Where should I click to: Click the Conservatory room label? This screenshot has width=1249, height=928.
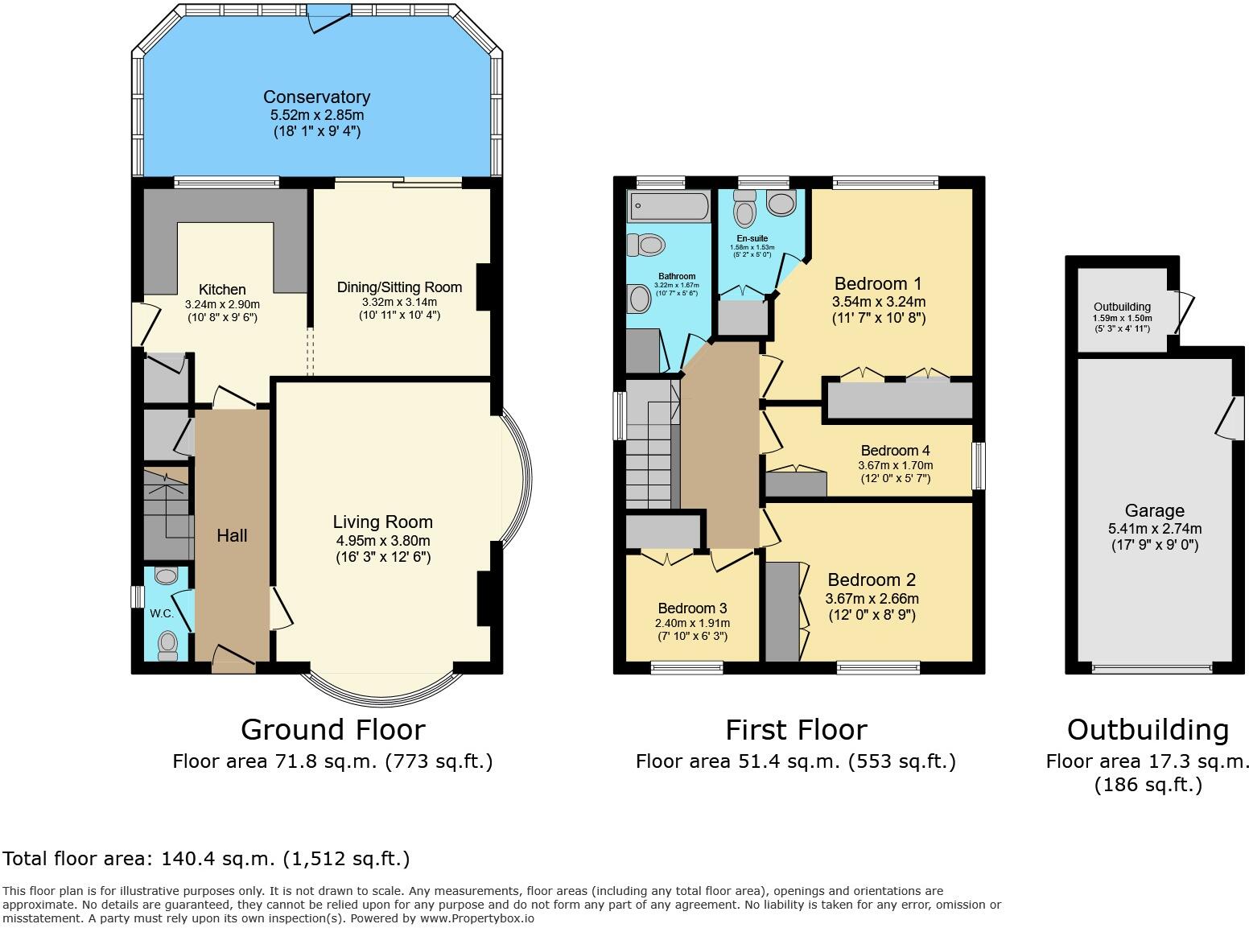click(316, 97)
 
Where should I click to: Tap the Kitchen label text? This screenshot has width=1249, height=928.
click(222, 290)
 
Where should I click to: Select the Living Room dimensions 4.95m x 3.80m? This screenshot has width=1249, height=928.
click(383, 541)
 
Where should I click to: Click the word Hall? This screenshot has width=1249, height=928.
click(232, 536)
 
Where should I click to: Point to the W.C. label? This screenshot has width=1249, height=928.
click(161, 613)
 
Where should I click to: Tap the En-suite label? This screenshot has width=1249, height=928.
click(752, 238)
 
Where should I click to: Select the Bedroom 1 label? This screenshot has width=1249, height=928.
click(878, 284)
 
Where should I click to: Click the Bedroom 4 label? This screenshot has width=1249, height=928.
click(895, 451)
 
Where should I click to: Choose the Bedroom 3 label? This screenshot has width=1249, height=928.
click(693, 608)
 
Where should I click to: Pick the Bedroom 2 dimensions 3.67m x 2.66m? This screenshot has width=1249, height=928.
click(872, 599)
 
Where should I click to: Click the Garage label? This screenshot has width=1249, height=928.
click(1154, 511)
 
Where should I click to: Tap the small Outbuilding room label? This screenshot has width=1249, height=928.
click(1122, 307)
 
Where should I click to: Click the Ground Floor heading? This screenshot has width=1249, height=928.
click(332, 729)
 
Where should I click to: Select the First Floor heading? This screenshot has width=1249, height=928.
click(796, 729)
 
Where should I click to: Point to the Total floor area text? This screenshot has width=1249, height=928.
click(206, 859)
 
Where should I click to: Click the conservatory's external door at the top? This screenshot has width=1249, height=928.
click(329, 18)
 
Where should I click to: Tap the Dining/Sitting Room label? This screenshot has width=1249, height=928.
click(399, 287)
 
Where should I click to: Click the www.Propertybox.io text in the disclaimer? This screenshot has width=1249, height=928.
click(476, 918)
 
